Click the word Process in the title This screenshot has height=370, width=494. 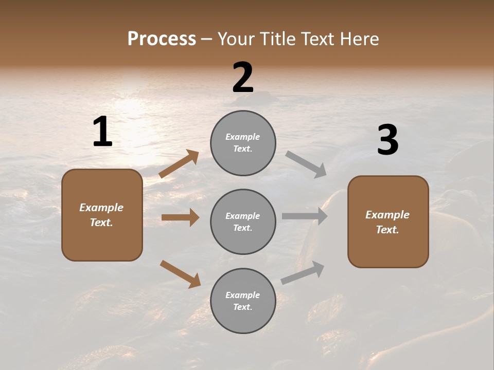pyautogui.click(x=162, y=39)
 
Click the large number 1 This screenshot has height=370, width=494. pyautogui.click(x=102, y=132)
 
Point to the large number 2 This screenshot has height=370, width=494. pyautogui.click(x=243, y=78)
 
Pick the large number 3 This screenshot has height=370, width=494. pyautogui.click(x=387, y=140)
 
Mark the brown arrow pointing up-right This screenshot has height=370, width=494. pyautogui.click(x=179, y=164)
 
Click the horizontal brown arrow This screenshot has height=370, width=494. pyautogui.click(x=180, y=217)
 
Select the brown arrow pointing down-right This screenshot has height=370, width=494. pyautogui.click(x=180, y=274)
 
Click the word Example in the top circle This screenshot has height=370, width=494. pyautogui.click(x=242, y=137)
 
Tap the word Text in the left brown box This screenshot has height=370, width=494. pyautogui.click(x=101, y=223)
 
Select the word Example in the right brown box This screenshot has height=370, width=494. pyautogui.click(x=387, y=215)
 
